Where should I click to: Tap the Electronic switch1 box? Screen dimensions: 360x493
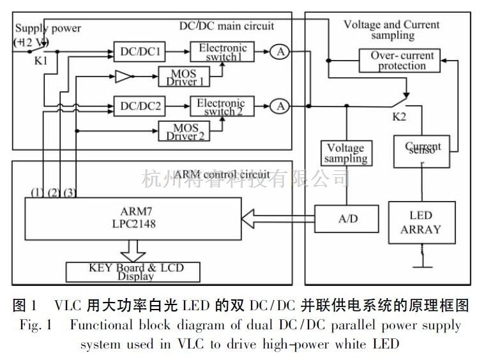[x=222, y=52]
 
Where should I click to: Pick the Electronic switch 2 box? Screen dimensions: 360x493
[x=221, y=105]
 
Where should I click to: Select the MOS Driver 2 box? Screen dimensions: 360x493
[x=182, y=131]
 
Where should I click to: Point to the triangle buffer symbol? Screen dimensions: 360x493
[x=123, y=78]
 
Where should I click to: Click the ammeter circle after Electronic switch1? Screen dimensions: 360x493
[x=279, y=52]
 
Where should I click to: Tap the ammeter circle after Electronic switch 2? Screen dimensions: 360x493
[x=279, y=105]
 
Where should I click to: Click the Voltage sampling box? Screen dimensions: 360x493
[x=345, y=153]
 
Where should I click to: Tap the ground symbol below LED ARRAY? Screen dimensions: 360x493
[x=421, y=262]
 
